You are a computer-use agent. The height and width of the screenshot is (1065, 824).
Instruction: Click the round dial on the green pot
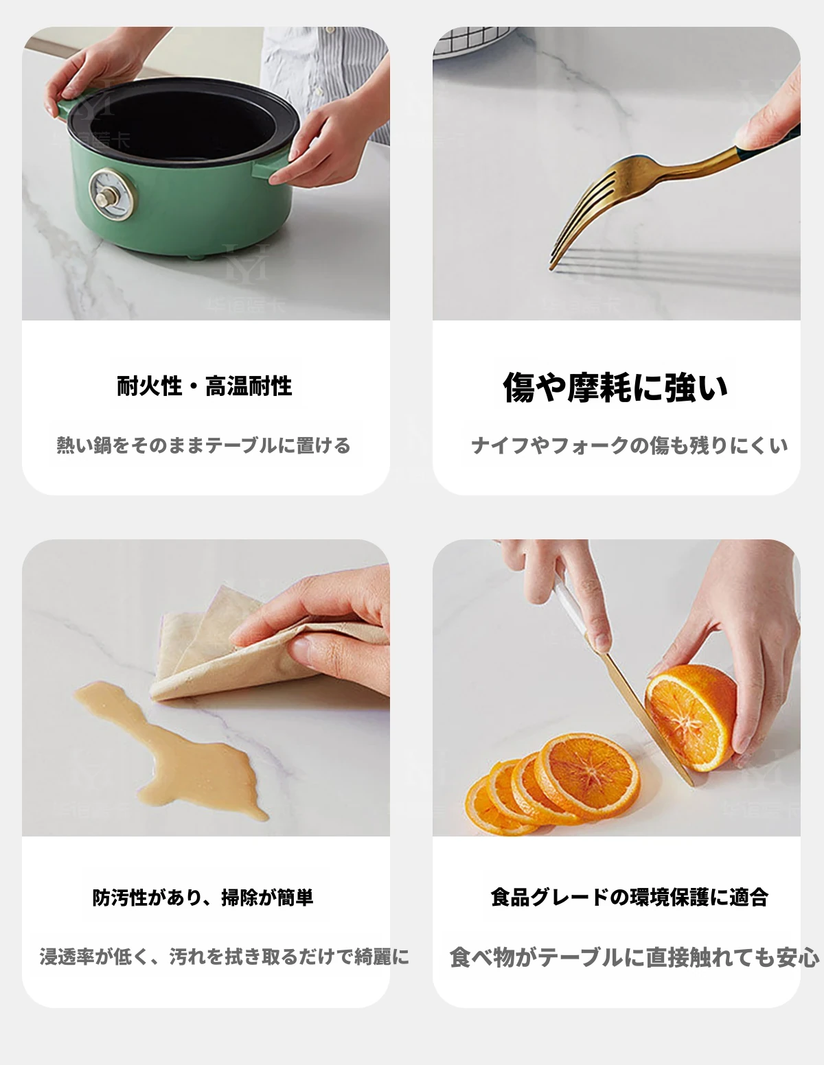(x=113, y=193)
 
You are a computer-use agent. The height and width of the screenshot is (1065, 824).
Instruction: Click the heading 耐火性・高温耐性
(x=205, y=386)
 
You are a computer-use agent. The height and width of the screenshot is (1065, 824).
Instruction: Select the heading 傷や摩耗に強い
(x=616, y=387)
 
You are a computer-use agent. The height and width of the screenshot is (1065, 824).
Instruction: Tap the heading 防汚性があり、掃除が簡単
(x=203, y=898)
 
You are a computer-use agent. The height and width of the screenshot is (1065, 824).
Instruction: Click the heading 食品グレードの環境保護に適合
(x=630, y=897)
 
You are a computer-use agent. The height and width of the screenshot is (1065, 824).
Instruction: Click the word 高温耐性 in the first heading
(x=249, y=386)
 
